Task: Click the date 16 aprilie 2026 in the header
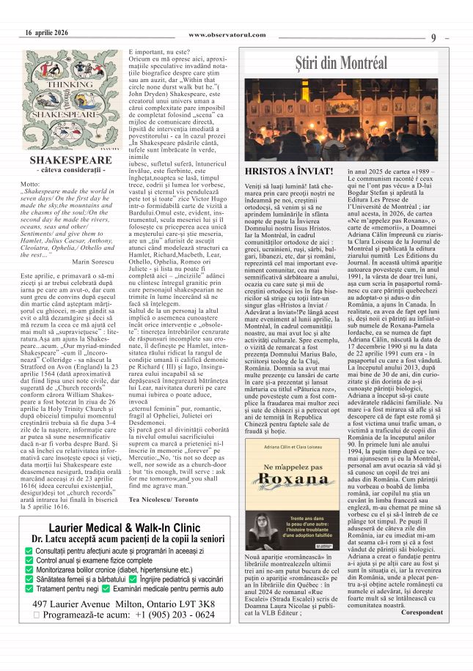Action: [x=46, y=32]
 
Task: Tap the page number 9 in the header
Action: [x=433, y=37]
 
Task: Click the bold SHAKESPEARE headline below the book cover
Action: [x=70, y=160]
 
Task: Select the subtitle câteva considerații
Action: [x=70, y=170]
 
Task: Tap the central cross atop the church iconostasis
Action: [x=345, y=85]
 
